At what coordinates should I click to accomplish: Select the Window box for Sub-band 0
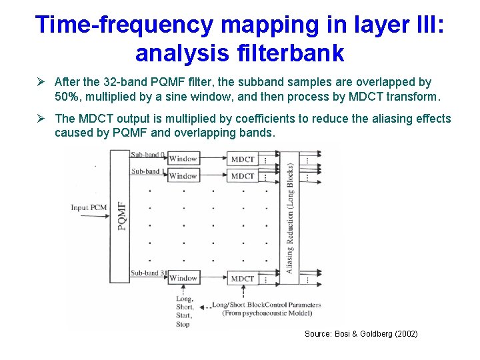click(183, 159)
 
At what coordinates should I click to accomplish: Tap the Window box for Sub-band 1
click(183, 176)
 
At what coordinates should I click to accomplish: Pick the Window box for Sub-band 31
click(183, 278)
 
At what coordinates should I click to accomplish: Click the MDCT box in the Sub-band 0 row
click(242, 159)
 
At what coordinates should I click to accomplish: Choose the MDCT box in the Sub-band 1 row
click(242, 176)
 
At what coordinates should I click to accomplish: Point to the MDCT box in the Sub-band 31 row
click(242, 278)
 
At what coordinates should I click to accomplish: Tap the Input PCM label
click(89, 207)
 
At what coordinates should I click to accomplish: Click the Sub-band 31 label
click(148, 273)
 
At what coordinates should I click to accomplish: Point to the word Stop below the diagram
click(183, 324)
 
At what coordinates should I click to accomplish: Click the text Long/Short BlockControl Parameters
click(266, 305)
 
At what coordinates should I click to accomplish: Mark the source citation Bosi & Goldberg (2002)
click(361, 333)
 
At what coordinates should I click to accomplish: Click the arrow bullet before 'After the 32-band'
click(41, 83)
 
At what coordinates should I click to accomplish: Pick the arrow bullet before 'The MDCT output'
click(41, 119)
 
